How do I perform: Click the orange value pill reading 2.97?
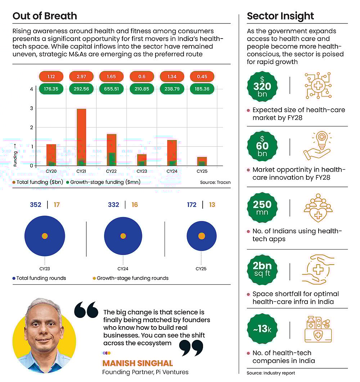point(81,76)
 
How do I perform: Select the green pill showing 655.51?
point(112,89)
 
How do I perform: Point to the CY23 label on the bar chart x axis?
point(142,171)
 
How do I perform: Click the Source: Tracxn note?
point(215,183)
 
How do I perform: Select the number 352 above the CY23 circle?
point(36,205)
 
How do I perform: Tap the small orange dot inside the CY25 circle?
point(202,236)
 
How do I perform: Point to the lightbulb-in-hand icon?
point(317,146)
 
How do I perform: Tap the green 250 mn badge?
point(262,208)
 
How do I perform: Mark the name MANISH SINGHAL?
point(138,363)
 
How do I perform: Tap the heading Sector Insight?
point(280,16)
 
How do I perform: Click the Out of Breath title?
point(45,16)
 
